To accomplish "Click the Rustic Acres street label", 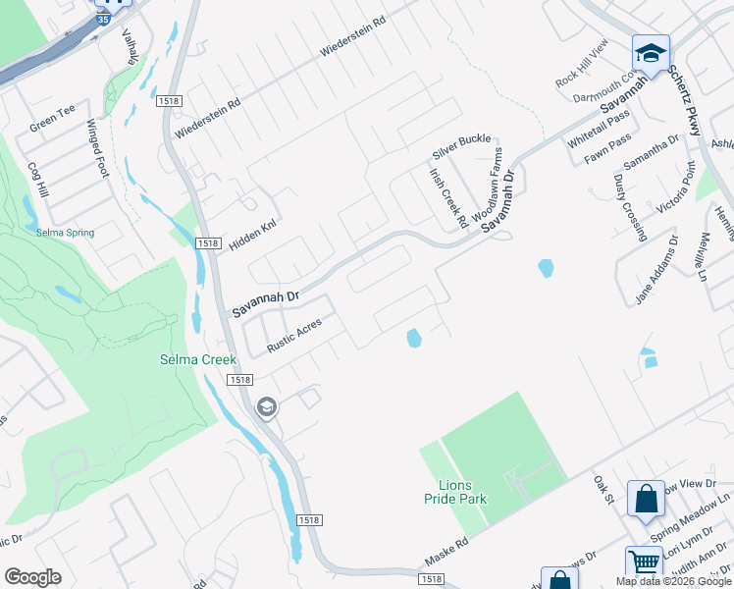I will pyautogui.click(x=294, y=335).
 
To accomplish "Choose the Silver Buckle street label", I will pyautogui.click(x=461, y=146).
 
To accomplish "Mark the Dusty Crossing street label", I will pyautogui.click(x=630, y=207).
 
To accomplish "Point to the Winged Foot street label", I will pyautogui.click(x=97, y=148).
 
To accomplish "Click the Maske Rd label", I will pyautogui.click(x=444, y=552).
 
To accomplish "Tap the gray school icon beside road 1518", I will pyautogui.click(x=265, y=406).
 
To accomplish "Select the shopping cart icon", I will pyautogui.click(x=644, y=562).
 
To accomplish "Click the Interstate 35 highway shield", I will pyautogui.click(x=103, y=18).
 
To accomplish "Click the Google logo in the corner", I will pyautogui.click(x=33, y=576).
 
